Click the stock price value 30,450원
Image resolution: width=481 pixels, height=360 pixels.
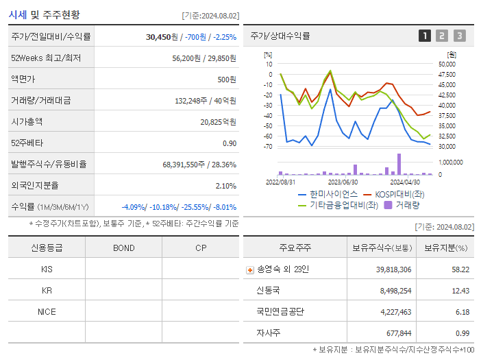coord(162,37)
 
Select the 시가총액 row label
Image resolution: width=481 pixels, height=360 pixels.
coord(27,122)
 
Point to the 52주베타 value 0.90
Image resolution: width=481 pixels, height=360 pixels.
coord(229,143)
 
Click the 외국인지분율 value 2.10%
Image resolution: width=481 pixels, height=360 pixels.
coord(225,186)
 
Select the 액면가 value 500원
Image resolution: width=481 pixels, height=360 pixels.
coord(225,80)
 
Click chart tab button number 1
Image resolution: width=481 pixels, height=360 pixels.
coord(425,36)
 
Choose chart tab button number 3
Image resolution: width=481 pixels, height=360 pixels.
coord(459,36)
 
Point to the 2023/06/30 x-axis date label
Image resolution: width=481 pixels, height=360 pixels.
coord(343,182)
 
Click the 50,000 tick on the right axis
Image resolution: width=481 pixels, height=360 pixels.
coord(446,64)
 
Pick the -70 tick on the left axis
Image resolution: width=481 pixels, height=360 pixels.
coord(268,146)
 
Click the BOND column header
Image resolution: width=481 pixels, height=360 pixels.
coord(123,248)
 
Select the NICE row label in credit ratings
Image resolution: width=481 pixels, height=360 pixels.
coord(47,311)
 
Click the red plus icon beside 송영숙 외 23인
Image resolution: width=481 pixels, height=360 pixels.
coord(250,269)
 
